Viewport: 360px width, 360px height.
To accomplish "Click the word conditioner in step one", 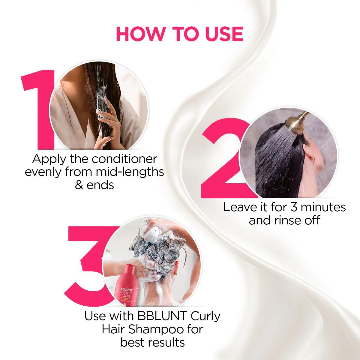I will pos(124,159).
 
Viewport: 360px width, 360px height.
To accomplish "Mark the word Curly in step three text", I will pos(205,316).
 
